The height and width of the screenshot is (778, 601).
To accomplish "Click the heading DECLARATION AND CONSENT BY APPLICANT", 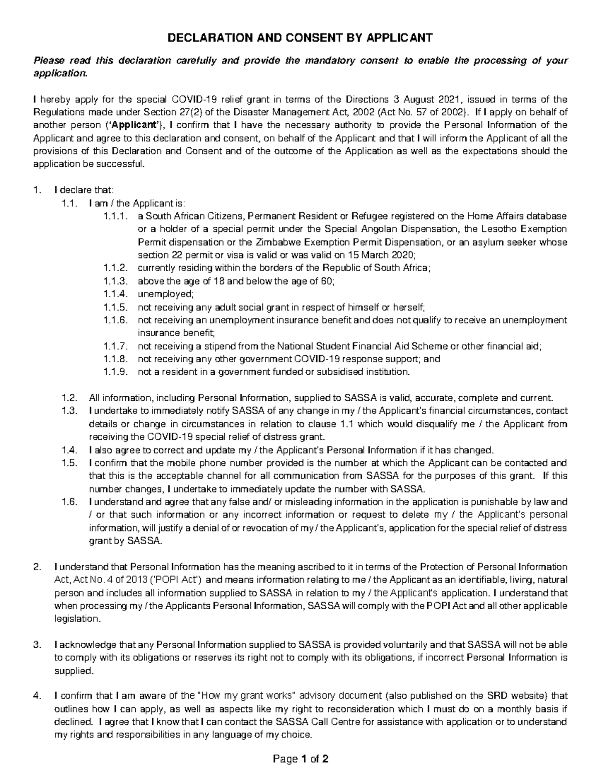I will coord(299,38).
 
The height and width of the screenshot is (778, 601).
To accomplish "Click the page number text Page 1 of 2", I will coord(300,759).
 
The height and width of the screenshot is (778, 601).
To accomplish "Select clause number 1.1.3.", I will coord(113,281).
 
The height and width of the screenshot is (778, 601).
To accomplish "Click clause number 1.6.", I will coord(70,502).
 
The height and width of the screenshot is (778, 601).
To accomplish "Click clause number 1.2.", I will coord(70,398).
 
